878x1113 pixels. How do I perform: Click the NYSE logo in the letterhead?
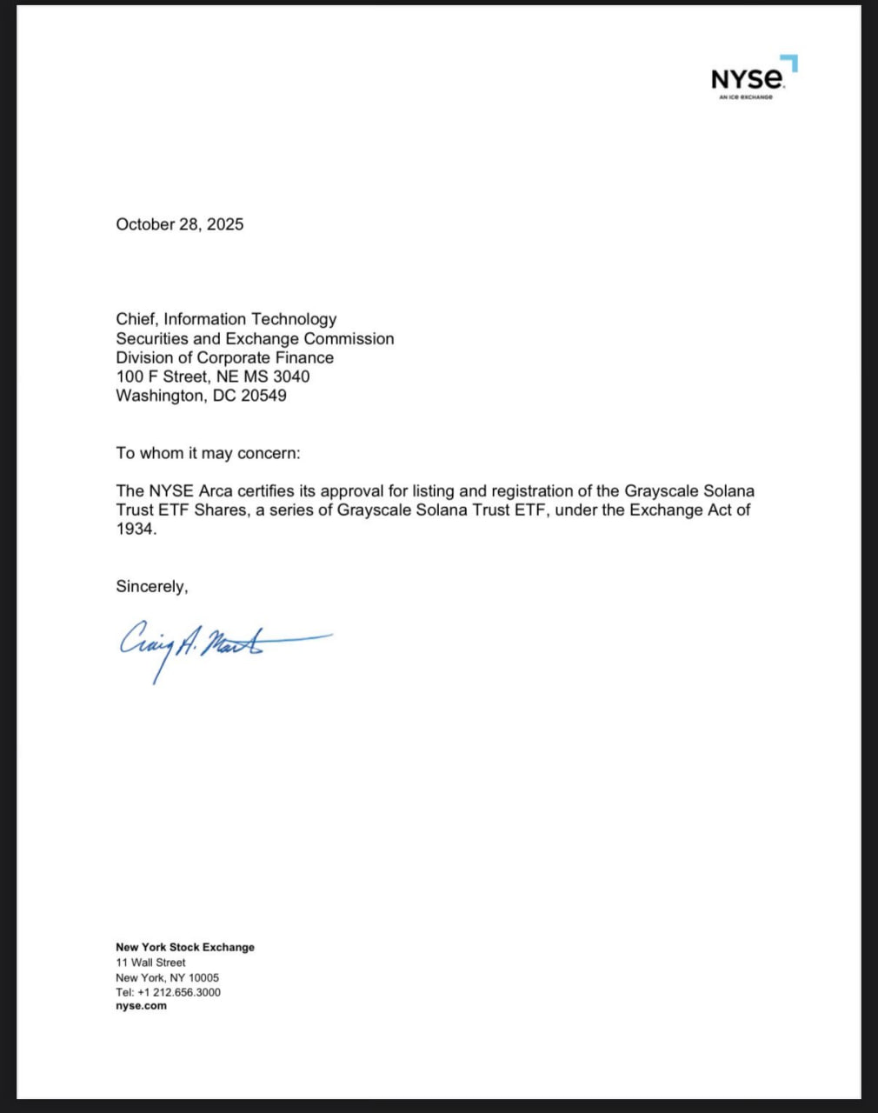[x=748, y=77]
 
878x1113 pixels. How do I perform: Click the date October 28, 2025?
[x=180, y=224]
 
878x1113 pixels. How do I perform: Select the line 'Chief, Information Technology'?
[x=226, y=319]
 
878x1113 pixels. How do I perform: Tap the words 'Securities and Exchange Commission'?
[x=255, y=338]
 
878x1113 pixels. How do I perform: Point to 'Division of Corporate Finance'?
[x=224, y=357]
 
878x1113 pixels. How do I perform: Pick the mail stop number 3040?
[x=291, y=377]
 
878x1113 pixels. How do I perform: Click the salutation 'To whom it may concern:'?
[x=208, y=453]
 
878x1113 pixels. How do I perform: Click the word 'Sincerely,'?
[x=152, y=587]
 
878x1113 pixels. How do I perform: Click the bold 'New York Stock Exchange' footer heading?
[x=185, y=947]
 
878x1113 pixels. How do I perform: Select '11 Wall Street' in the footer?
[x=150, y=963]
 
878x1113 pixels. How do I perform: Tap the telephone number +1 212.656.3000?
[x=179, y=992]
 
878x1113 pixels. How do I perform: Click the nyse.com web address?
[x=141, y=1006]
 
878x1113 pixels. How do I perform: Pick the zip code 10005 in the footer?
[x=203, y=977]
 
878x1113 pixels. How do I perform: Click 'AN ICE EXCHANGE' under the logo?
[x=746, y=97]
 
